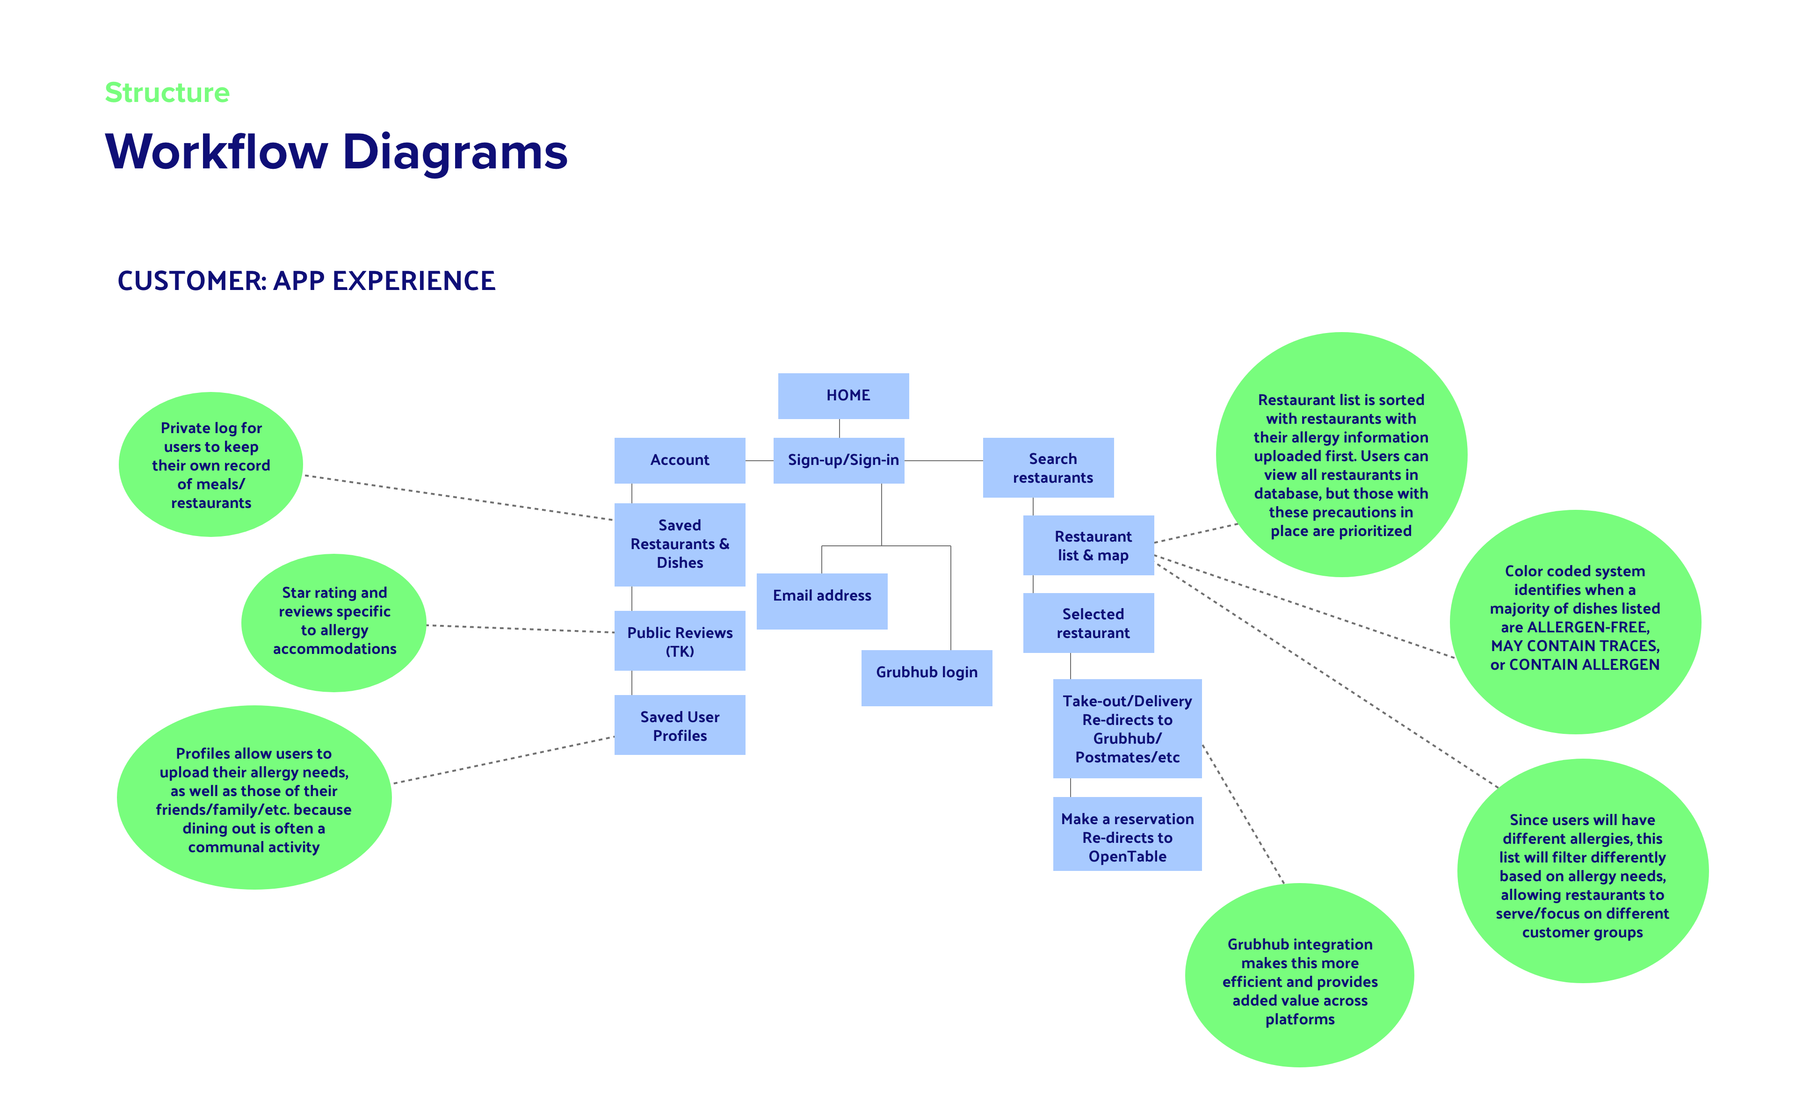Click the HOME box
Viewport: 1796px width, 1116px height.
point(843,396)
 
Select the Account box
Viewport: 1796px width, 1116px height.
point(680,461)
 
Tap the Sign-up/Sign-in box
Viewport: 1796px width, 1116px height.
point(839,461)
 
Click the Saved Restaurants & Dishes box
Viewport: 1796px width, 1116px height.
point(680,545)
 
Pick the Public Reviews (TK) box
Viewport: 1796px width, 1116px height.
point(680,641)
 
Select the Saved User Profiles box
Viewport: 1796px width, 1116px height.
point(680,725)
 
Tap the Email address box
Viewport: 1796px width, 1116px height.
point(822,601)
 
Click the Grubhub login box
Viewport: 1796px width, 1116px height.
point(927,678)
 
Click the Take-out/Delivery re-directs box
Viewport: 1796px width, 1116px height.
point(1128,729)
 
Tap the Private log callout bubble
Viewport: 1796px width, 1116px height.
point(211,464)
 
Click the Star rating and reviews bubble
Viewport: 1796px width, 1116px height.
point(334,623)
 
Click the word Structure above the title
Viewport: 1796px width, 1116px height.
point(167,93)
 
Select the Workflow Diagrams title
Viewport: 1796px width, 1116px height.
point(336,152)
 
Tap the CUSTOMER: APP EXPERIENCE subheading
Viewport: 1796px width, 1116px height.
point(306,281)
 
